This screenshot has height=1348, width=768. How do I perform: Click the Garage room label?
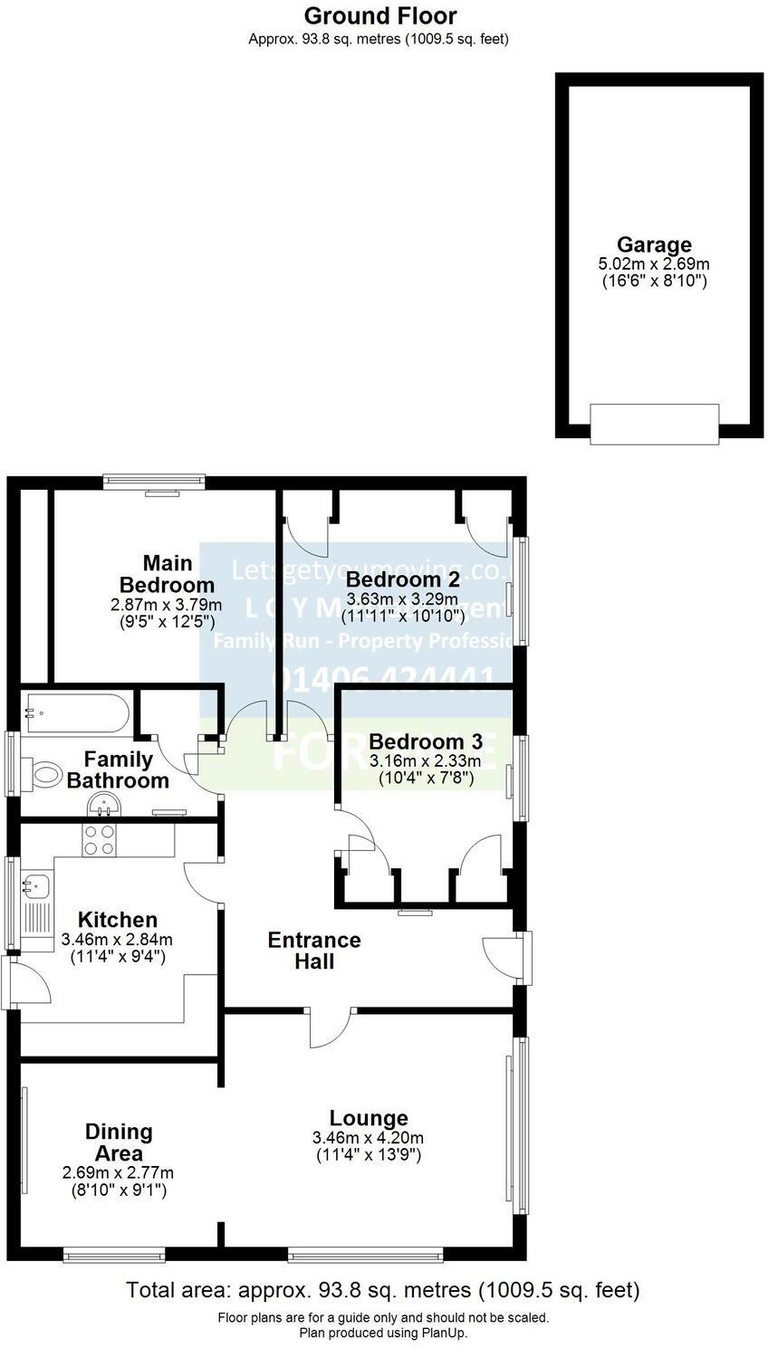coord(654,244)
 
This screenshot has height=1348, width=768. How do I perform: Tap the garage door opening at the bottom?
coord(654,424)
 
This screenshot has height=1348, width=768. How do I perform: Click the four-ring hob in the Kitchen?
coord(100,841)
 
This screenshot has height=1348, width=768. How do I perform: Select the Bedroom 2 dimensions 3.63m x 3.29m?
coord(403,599)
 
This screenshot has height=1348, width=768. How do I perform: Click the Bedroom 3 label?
coord(425,741)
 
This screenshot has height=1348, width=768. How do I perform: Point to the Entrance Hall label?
coord(314,951)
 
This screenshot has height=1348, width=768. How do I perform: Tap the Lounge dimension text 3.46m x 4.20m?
coord(368,1138)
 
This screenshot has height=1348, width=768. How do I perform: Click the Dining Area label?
coord(119,1142)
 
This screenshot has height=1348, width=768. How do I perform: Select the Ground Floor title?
coord(380,15)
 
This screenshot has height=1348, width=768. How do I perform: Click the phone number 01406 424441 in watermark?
coord(384,679)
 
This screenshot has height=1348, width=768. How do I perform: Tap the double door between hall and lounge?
coord(331,1023)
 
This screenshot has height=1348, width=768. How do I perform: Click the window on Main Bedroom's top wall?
coord(153,482)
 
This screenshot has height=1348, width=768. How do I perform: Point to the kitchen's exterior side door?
coord(9,981)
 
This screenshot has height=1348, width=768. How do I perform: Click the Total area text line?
coord(383,1289)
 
